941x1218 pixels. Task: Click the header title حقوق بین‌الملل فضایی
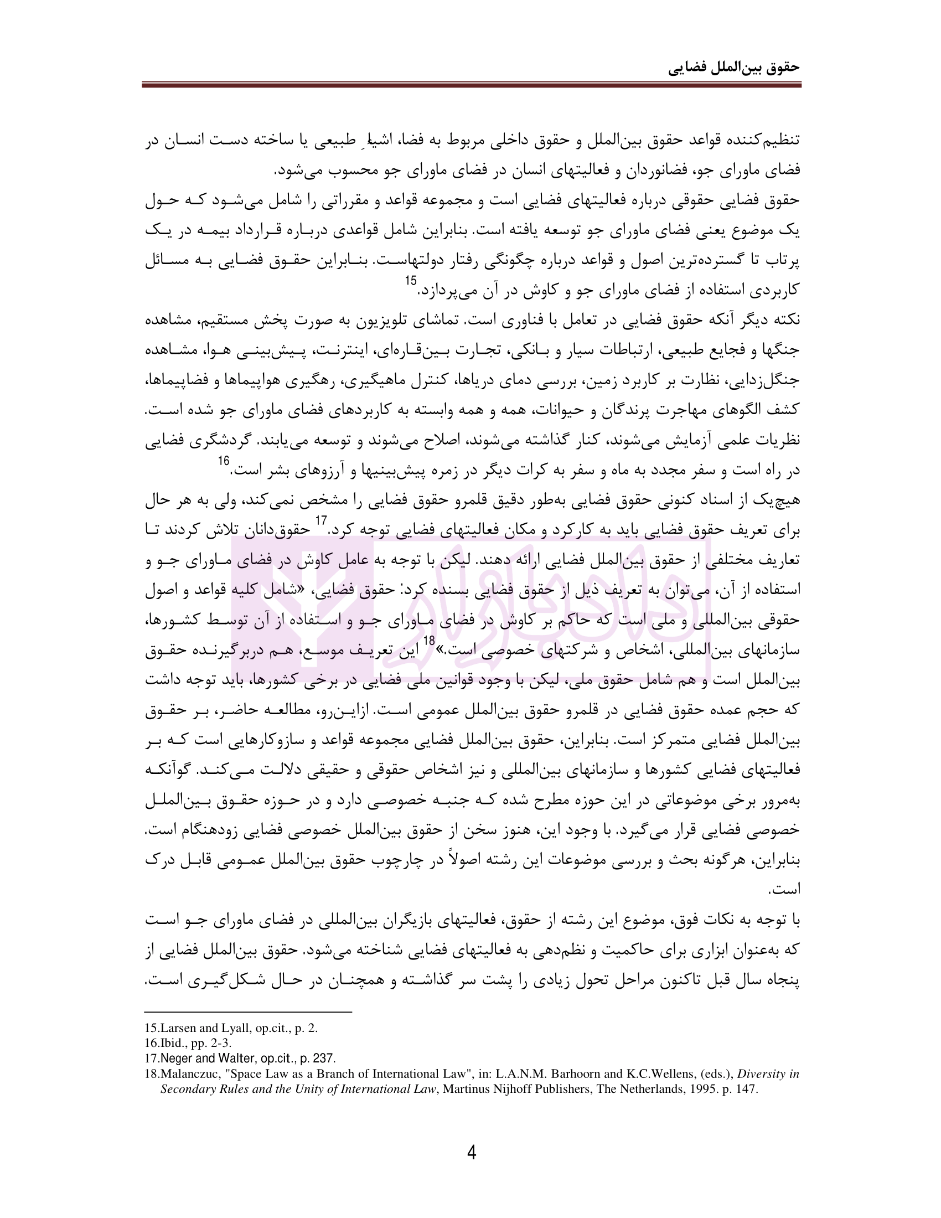coord(733,68)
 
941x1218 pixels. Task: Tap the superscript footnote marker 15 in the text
coord(411,281)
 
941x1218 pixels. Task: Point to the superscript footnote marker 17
coord(321,521)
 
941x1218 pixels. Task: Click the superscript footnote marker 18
coord(428,641)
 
